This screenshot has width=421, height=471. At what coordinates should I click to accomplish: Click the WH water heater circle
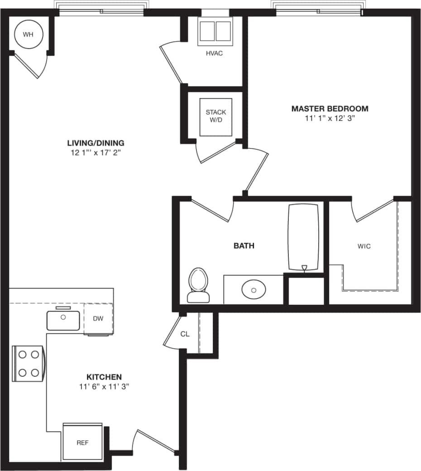pyautogui.click(x=28, y=34)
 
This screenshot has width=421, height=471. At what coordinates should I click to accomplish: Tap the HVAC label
pyautogui.click(x=214, y=53)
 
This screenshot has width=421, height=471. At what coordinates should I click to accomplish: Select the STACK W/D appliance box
pyautogui.click(x=216, y=117)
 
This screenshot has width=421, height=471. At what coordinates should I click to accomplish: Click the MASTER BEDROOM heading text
pyautogui.click(x=330, y=109)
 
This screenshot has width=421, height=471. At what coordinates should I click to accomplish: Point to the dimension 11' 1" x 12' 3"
pyautogui.click(x=330, y=119)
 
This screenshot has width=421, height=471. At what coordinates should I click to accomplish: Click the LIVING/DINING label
pyautogui.click(x=96, y=143)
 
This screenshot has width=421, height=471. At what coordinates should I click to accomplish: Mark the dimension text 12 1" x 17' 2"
pyautogui.click(x=96, y=153)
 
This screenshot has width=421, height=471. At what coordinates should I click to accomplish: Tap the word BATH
pyautogui.click(x=244, y=246)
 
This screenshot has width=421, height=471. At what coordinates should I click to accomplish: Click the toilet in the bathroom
pyautogui.click(x=199, y=285)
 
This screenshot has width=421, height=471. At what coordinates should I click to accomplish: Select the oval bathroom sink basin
pyautogui.click(x=254, y=289)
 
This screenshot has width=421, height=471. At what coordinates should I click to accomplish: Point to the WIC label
pyautogui.click(x=364, y=246)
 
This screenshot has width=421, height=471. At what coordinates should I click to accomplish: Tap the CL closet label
pyautogui.click(x=184, y=334)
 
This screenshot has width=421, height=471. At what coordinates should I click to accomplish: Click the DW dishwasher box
pyautogui.click(x=98, y=318)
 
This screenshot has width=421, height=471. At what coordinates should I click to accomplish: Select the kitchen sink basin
pyautogui.click(x=63, y=320)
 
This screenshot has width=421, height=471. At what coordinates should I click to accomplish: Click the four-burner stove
pyautogui.click(x=28, y=363)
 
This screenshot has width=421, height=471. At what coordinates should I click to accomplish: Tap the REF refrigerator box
pyautogui.click(x=82, y=442)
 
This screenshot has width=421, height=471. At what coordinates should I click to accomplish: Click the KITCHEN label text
pyautogui.click(x=104, y=377)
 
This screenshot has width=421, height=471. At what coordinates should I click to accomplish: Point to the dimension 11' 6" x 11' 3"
pyautogui.click(x=104, y=387)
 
